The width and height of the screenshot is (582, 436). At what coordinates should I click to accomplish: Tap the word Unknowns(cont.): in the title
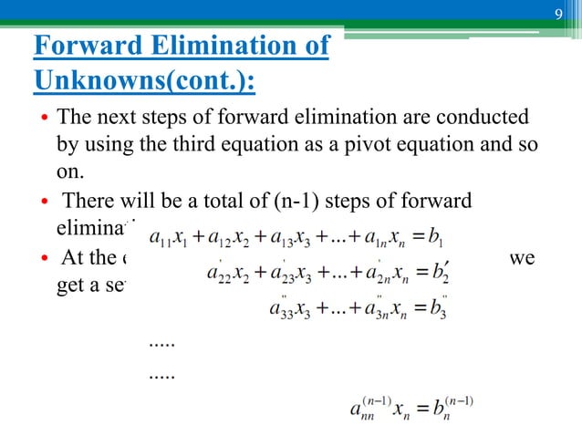pos(144,82)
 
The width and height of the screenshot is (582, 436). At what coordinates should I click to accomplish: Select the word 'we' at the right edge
pos(523,258)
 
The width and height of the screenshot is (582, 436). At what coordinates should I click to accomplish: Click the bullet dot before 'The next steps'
pos(42,119)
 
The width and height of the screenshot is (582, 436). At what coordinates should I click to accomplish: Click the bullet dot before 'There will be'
pos(42,201)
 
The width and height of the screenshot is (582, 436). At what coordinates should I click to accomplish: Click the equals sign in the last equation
pos(416,407)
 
